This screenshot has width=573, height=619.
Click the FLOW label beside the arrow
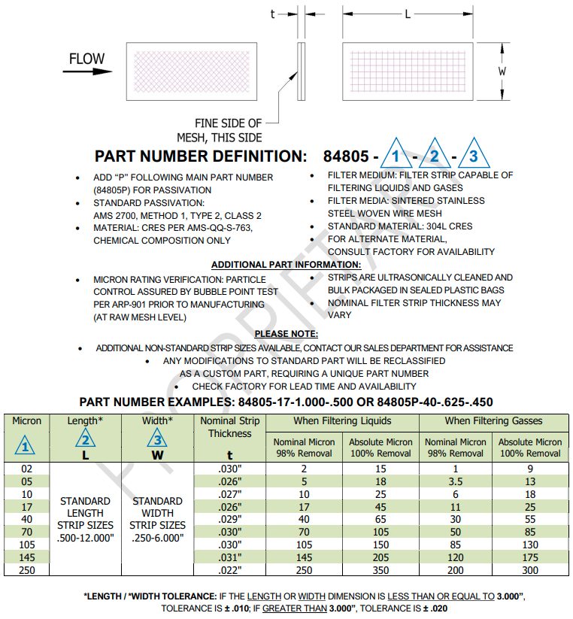[87, 59]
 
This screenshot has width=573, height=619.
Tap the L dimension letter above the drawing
[408, 14]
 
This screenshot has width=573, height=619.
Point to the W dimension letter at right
[502, 71]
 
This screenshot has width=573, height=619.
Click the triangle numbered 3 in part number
[473, 156]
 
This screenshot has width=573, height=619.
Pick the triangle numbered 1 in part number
[397, 156]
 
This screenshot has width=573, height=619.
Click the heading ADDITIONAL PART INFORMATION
[286, 265]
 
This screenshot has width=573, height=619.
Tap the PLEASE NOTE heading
[286, 333]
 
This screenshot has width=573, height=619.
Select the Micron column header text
[27, 421]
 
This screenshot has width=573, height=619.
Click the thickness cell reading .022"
[230, 570]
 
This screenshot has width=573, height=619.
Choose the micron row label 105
[27, 545]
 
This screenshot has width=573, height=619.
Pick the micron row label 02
[27, 468]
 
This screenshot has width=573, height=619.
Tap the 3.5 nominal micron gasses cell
[453, 481]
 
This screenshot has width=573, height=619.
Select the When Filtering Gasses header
[493, 421]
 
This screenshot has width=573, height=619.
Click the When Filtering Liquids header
[341, 421]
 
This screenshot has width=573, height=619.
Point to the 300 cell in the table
[530, 570]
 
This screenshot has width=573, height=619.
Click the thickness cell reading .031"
[230, 557]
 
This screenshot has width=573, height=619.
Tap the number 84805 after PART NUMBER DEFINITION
[346, 156]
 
